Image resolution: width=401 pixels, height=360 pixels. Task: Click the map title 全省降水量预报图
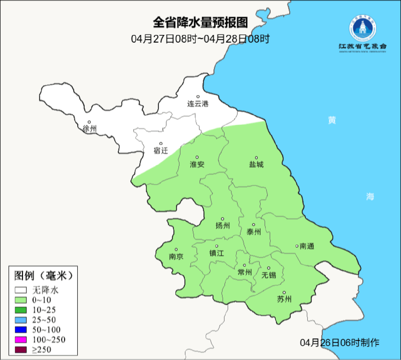(200, 23)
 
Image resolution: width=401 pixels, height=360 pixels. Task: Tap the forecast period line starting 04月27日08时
(200, 39)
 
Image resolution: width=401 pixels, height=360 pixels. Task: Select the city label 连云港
(198, 104)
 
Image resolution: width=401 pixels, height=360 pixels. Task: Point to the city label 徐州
(89, 129)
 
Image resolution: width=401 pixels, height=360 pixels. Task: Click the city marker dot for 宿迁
(161, 143)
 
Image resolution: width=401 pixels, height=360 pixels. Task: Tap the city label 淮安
(197, 164)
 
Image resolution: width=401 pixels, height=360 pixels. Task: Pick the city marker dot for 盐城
(256, 158)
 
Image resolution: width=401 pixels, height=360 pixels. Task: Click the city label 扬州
(223, 226)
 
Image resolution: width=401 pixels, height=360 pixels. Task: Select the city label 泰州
(254, 232)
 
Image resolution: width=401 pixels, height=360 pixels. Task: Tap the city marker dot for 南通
(297, 246)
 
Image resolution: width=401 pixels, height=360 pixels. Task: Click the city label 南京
(176, 256)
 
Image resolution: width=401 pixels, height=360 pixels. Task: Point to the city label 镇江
(217, 253)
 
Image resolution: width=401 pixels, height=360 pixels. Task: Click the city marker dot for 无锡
(268, 268)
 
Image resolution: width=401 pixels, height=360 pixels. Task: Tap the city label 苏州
(284, 299)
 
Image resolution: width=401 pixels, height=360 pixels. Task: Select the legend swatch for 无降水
(20, 290)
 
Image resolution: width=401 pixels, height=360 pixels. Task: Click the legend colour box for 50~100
(20, 330)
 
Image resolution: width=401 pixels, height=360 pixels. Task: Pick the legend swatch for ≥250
(20, 349)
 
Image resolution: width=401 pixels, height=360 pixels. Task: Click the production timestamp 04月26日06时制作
(340, 342)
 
